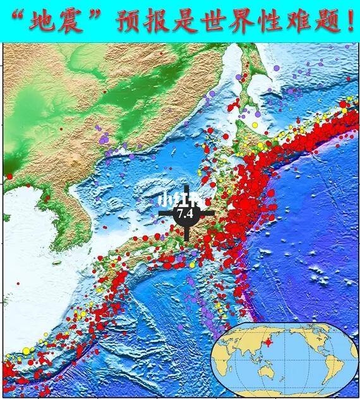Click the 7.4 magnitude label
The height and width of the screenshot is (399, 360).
click(185, 214)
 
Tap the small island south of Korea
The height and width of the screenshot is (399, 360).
click(57, 262)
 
